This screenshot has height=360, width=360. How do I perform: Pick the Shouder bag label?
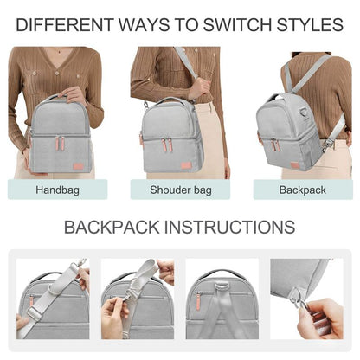[179, 189]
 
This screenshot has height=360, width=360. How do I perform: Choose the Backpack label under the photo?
[301, 189]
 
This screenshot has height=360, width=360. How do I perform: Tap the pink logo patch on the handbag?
[79, 164]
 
